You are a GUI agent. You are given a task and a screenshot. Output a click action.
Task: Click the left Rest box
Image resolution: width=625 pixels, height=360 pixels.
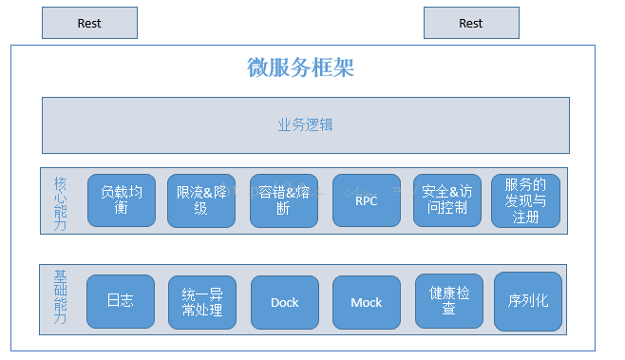[x=89, y=23]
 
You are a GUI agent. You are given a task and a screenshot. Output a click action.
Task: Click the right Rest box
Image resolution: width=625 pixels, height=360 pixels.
[x=471, y=23]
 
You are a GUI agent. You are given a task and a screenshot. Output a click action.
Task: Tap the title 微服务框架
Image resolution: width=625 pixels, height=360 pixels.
[x=301, y=67]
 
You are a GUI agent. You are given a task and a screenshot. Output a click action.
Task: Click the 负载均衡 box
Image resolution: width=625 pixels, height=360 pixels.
[x=122, y=200]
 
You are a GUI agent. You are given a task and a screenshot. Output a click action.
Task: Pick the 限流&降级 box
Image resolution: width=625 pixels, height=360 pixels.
[x=201, y=200]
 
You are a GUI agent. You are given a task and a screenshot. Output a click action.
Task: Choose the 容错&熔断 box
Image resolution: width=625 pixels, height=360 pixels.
[x=284, y=200]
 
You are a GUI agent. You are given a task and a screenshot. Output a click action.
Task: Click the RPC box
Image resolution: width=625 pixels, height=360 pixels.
[x=367, y=200]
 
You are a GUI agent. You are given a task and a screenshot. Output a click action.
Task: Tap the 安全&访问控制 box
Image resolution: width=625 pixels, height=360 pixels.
[x=447, y=200]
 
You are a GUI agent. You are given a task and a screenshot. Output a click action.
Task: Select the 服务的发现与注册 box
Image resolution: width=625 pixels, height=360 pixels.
[x=526, y=200]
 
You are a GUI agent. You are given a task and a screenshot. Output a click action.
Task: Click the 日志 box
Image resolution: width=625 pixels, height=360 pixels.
[x=120, y=302]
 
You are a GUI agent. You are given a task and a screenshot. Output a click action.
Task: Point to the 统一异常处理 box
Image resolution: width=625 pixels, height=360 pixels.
[x=201, y=302]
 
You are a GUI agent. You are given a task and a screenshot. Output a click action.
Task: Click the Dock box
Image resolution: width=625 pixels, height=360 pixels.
[x=284, y=302]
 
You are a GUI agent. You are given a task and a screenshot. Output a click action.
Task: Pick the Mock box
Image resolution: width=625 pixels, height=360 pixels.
[x=367, y=302]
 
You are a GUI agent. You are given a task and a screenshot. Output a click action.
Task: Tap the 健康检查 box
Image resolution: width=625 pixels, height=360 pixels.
[x=449, y=302]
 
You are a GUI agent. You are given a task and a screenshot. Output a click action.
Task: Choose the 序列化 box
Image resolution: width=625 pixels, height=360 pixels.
[x=528, y=302]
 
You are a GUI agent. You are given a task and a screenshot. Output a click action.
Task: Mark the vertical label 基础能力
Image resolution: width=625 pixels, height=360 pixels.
[x=61, y=298]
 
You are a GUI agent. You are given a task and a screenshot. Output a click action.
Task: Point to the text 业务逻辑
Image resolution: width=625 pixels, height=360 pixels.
[x=305, y=124]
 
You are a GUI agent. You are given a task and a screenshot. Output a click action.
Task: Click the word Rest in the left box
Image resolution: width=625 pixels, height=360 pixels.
[x=89, y=23]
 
